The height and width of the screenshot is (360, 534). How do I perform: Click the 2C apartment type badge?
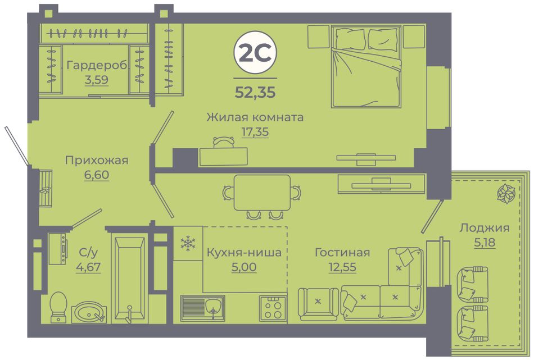(255, 53)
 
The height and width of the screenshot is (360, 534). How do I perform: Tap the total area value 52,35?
(255, 92)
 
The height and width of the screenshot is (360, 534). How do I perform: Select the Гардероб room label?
(97, 65)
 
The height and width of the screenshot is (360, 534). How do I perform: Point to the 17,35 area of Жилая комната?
(255, 131)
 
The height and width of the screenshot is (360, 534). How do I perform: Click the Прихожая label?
(97, 160)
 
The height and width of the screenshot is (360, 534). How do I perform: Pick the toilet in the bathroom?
(58, 306)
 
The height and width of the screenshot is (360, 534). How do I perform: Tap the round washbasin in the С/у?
(89, 312)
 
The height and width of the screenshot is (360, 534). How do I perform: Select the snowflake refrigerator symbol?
(188, 243)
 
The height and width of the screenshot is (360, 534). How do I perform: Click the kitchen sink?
(202, 308)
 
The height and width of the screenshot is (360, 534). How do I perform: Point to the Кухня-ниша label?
(244, 253)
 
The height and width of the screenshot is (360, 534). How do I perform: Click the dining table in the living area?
(262, 193)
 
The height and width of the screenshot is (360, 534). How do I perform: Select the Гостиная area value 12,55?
(342, 267)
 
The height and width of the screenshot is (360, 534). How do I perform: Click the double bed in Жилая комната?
(366, 66)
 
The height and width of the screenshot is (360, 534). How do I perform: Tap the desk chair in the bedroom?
(223, 142)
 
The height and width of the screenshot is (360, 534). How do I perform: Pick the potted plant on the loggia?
(506, 193)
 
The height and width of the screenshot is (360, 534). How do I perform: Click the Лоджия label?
(485, 227)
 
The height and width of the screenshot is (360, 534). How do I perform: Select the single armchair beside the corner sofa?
(318, 303)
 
